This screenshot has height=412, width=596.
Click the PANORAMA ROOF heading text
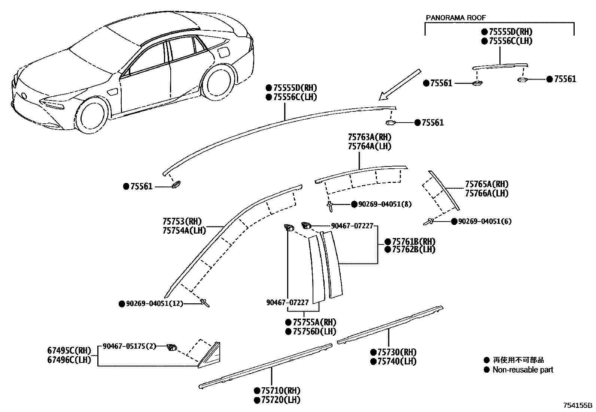tap(456, 18)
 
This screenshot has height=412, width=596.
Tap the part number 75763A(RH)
tap(370, 137)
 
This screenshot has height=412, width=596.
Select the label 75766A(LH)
tap(487, 193)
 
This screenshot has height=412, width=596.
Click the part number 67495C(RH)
tap(69, 351)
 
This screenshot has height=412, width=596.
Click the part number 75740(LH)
tap(397, 361)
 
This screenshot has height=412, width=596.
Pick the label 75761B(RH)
tap(414, 241)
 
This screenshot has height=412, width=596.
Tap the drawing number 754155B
tap(578, 406)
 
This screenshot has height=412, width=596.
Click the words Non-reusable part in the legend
tap(523, 370)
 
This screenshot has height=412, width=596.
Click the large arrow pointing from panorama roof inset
tap(399, 85)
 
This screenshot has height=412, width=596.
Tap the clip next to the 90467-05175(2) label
tap(172, 347)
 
